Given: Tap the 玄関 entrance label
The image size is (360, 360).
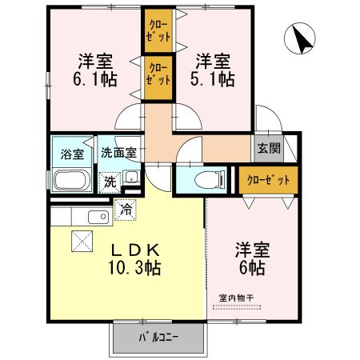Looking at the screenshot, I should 268,148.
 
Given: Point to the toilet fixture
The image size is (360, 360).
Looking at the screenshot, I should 203,178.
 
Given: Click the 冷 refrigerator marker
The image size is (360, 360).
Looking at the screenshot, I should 126,210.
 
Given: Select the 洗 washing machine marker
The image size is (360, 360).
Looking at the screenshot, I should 109,182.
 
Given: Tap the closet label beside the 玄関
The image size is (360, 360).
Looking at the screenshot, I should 268,178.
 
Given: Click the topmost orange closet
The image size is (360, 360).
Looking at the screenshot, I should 157,32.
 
